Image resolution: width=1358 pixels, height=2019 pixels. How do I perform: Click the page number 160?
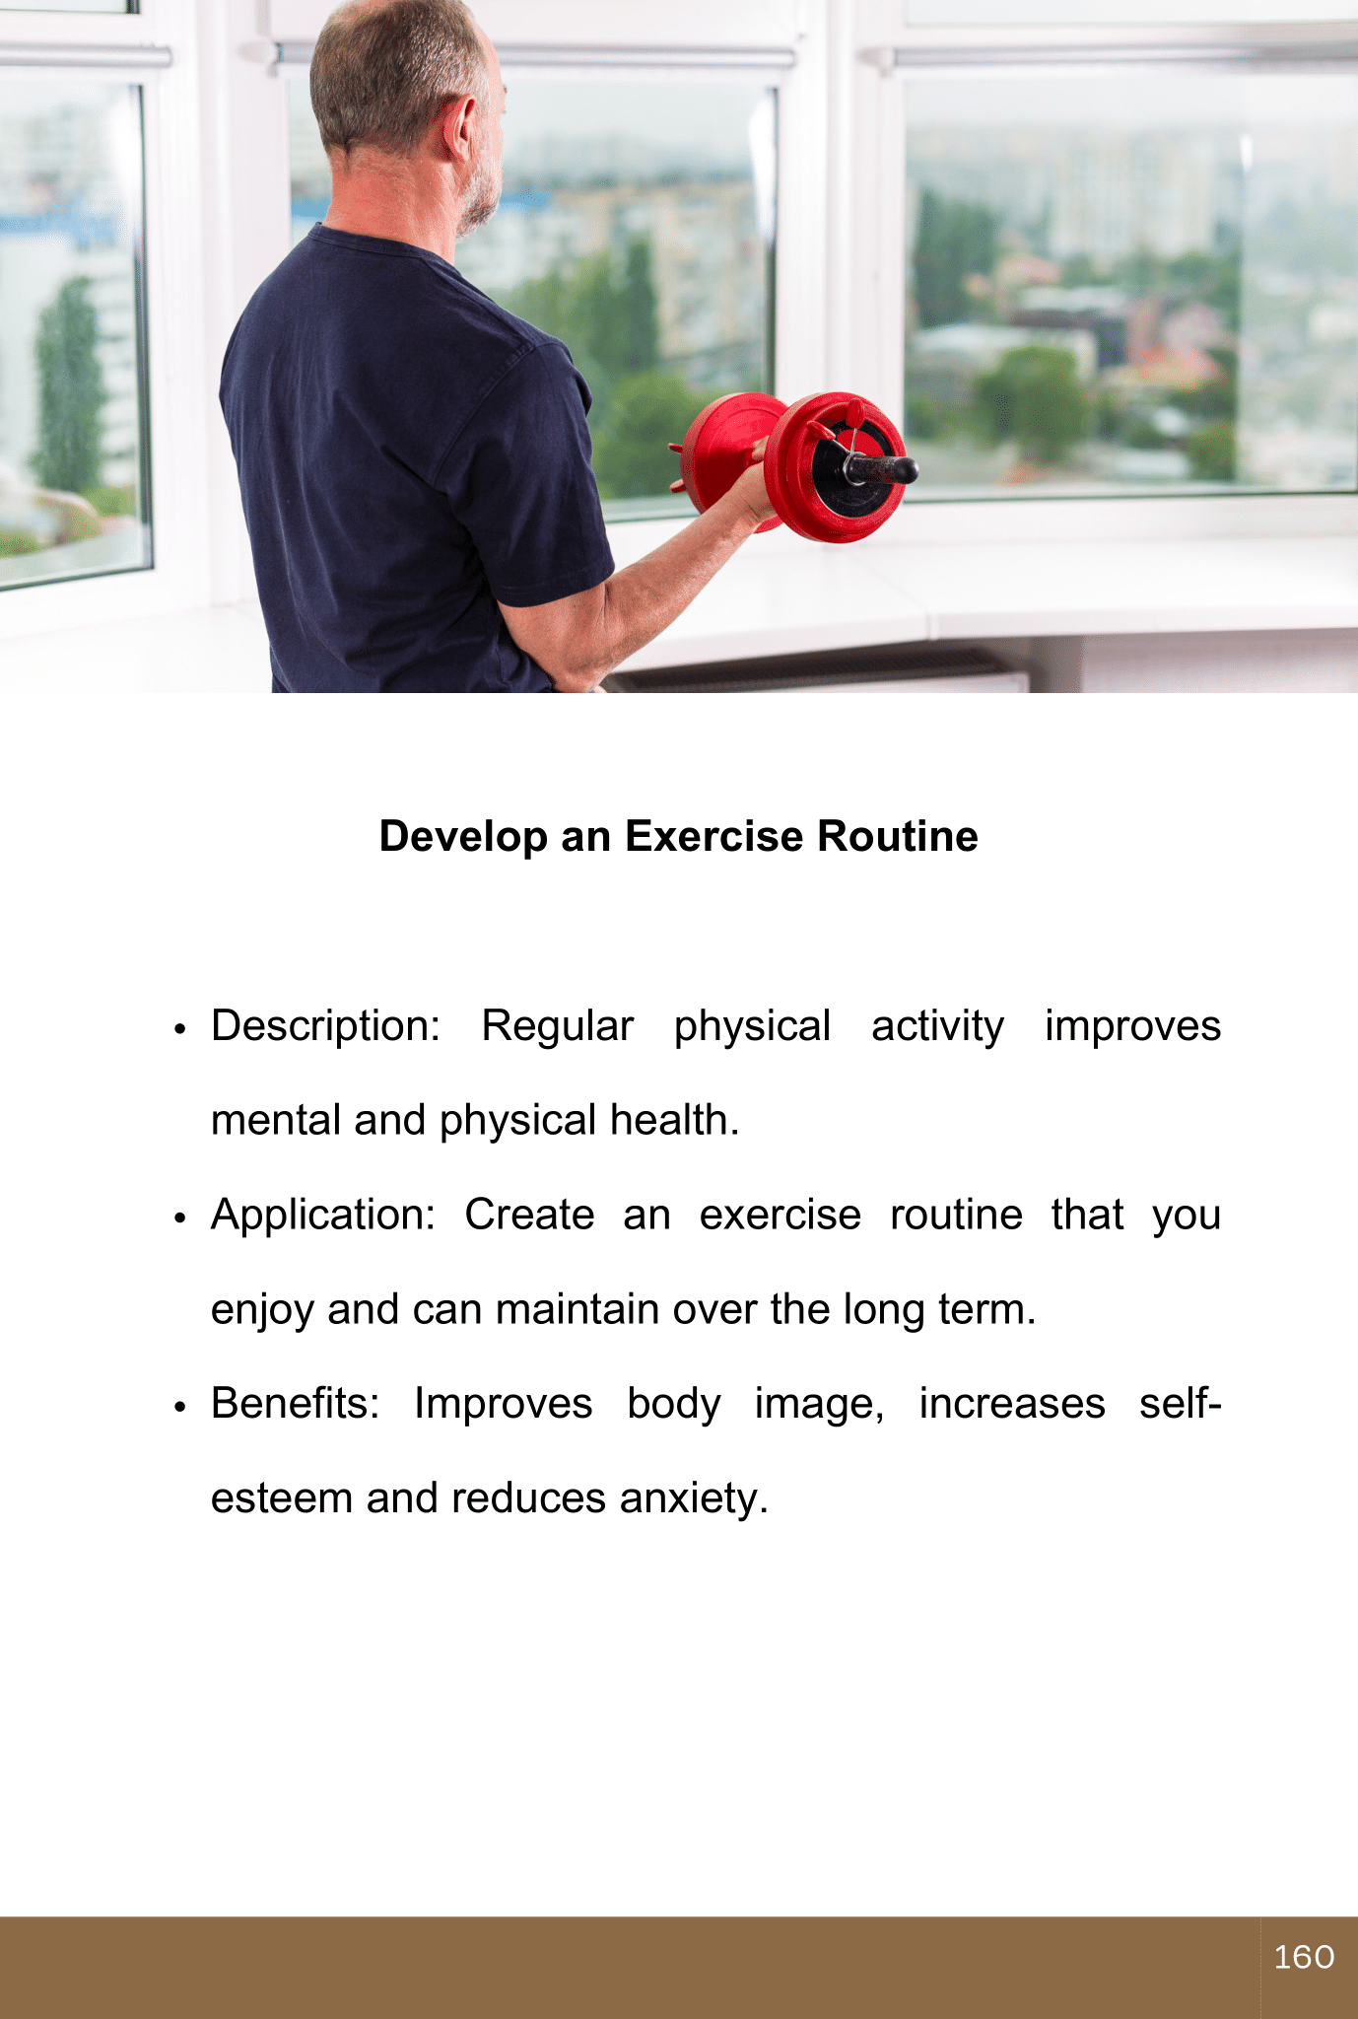click(1304, 1957)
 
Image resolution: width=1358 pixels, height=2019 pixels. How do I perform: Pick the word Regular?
click(557, 1027)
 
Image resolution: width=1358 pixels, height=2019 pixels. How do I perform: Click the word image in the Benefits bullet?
click(819, 1405)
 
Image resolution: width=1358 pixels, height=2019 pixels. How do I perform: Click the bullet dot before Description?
click(179, 1029)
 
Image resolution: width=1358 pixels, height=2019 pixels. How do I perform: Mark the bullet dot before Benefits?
click(179, 1407)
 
